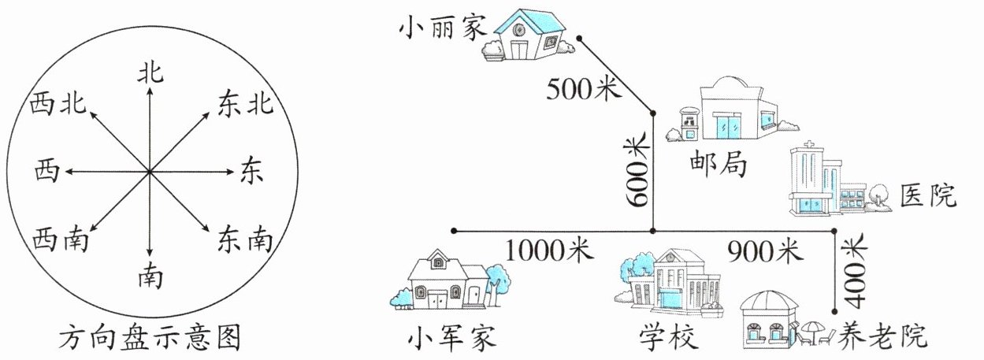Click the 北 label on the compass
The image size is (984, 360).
[150, 73]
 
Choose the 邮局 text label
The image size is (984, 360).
[716, 166]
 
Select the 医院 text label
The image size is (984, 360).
[928, 194]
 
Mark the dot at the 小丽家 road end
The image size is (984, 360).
[579, 38]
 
